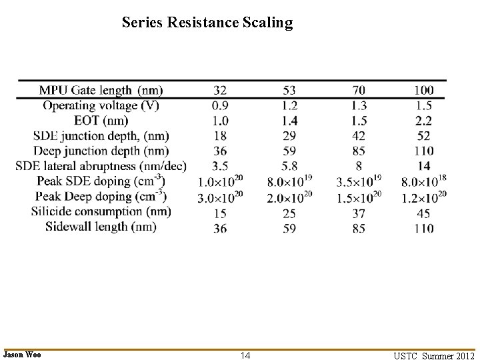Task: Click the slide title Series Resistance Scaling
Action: click(207, 23)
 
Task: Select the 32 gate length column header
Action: click(221, 90)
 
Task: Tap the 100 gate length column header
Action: click(423, 90)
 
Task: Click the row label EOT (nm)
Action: click(101, 121)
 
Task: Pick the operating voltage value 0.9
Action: click(221, 105)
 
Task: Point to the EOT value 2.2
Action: click(423, 121)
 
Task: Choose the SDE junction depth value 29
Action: click(290, 136)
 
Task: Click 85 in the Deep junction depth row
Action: click(359, 151)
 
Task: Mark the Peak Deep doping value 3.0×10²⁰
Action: click(221, 197)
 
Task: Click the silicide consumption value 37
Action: click(359, 213)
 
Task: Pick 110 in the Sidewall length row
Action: click(423, 229)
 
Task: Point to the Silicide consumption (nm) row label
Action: click(101, 212)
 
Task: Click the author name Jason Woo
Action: click(22, 355)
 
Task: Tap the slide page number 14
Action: click(245, 355)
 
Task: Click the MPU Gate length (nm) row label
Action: click(101, 90)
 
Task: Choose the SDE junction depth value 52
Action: click(423, 136)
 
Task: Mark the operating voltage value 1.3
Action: click(359, 105)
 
